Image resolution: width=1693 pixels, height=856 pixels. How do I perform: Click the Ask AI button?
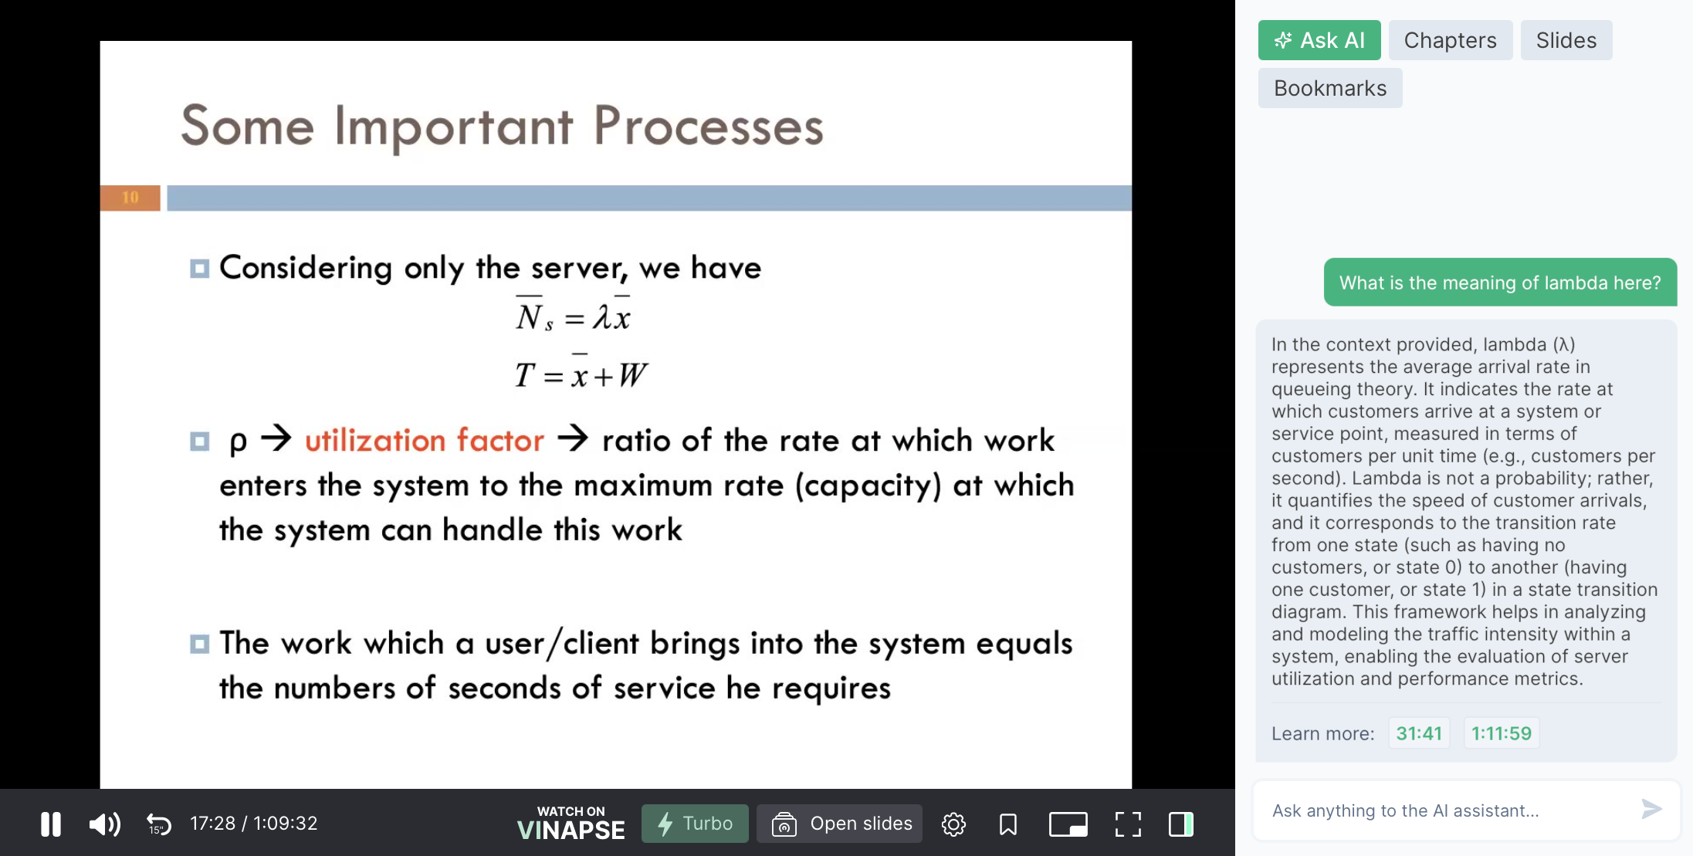(x=1319, y=40)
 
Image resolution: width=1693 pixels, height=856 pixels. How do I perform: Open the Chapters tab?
(x=1450, y=40)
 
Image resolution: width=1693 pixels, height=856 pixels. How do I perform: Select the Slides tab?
(x=1566, y=40)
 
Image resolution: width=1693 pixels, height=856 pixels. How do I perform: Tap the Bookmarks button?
(x=1329, y=88)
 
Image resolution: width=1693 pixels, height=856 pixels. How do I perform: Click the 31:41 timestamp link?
(x=1419, y=733)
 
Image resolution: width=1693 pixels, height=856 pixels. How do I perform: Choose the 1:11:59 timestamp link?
(x=1501, y=733)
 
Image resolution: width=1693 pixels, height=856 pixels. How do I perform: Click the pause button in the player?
(x=51, y=824)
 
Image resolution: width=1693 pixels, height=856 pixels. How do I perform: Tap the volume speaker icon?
(x=105, y=824)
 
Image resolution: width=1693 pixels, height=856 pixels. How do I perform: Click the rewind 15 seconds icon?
(x=158, y=824)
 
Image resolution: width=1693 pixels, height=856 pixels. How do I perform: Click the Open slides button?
(x=839, y=824)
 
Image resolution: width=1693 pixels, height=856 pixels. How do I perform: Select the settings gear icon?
(x=953, y=824)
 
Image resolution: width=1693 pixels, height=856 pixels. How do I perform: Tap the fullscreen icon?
(x=1128, y=824)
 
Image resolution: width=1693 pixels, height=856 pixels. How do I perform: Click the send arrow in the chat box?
(x=1651, y=809)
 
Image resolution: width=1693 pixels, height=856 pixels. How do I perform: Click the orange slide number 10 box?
(x=130, y=198)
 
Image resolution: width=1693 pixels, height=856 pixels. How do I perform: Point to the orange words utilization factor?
(x=425, y=440)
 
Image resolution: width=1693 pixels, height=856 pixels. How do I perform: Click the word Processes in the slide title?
(x=708, y=127)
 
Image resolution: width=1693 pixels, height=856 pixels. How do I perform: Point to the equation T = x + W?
(x=581, y=374)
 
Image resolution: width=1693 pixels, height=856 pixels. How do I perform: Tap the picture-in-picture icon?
(x=1068, y=824)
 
